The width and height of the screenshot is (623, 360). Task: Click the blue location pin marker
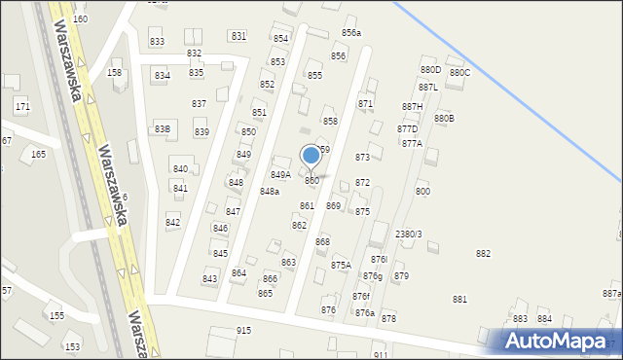(x=311, y=156)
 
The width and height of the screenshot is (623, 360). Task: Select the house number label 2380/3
(x=408, y=234)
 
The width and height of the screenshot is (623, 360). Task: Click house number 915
(x=243, y=331)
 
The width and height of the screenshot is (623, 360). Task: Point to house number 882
(x=483, y=254)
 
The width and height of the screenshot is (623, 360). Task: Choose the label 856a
(x=350, y=33)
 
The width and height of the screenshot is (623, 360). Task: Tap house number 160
(x=80, y=19)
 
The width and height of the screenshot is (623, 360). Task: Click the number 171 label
(x=22, y=106)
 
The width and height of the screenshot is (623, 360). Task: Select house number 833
(x=157, y=42)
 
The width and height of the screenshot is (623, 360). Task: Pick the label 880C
(x=459, y=73)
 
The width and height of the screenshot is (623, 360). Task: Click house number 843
(x=209, y=279)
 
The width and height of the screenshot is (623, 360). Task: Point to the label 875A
(x=341, y=266)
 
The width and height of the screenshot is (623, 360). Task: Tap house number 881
(x=459, y=300)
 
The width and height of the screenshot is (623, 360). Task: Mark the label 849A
(x=280, y=175)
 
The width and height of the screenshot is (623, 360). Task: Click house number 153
(x=71, y=347)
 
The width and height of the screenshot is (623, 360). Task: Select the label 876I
(x=379, y=260)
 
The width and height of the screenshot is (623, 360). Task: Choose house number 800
(x=422, y=192)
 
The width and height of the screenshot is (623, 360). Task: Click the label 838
(x=163, y=129)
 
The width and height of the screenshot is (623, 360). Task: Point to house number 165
(x=38, y=155)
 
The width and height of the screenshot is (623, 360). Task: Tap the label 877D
(x=407, y=129)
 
